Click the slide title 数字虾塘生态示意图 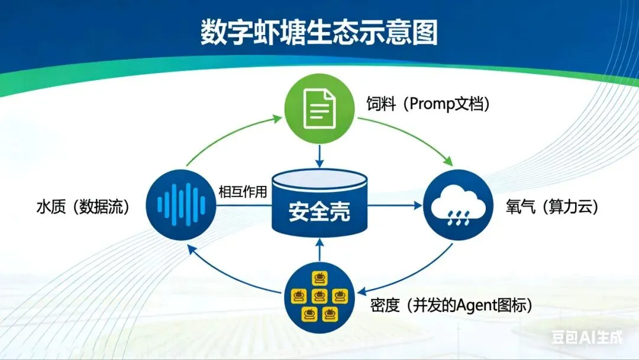319,34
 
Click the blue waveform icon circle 182,205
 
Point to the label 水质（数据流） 82,207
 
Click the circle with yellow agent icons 319,295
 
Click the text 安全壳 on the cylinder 319,211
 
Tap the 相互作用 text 243,192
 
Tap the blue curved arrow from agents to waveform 228,278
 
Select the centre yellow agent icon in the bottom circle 319,295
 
